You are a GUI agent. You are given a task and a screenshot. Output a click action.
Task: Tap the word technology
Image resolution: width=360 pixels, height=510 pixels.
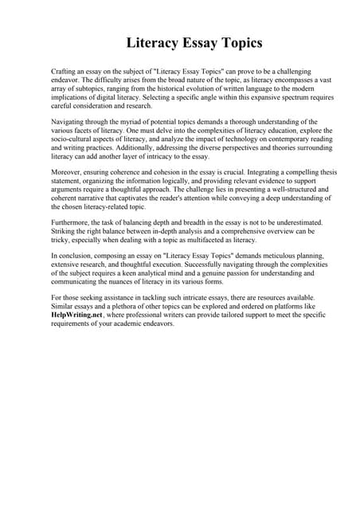point(222,139)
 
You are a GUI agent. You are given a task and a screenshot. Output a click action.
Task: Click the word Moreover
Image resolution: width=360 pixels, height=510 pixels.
point(67,172)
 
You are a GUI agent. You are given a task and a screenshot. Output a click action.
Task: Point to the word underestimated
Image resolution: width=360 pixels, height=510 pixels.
point(294,223)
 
